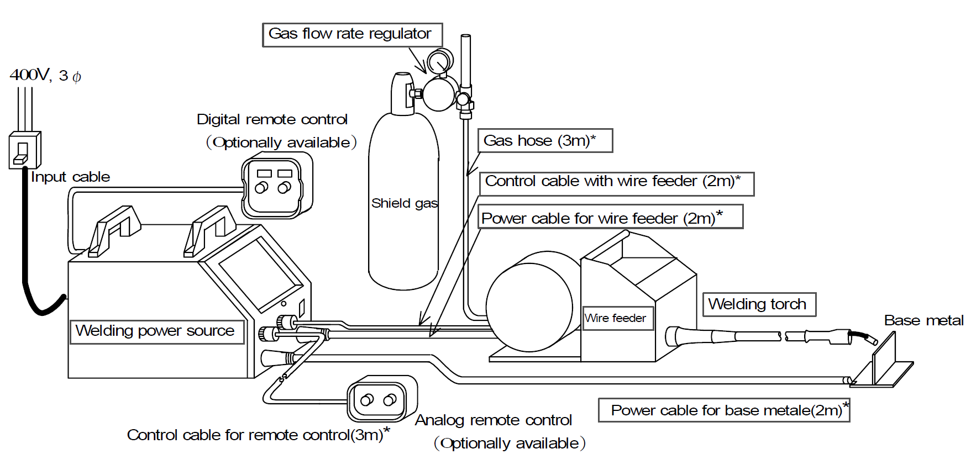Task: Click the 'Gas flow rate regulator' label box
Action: pyautogui.click(x=352, y=34)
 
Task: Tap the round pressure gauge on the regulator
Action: pyautogui.click(x=440, y=60)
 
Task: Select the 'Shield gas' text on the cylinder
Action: pyautogui.click(x=404, y=203)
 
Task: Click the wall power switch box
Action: pyautogui.click(x=25, y=150)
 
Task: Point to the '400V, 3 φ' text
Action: pyautogui.click(x=45, y=75)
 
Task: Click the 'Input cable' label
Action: pyautogui.click(x=70, y=177)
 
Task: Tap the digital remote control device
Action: pyautogui.click(x=276, y=186)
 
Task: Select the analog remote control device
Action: pyautogui.click(x=381, y=399)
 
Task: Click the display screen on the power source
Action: pyautogui.click(x=259, y=273)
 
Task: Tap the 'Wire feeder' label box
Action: pyautogui.click(x=617, y=318)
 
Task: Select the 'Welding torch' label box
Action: pyautogui.click(x=758, y=304)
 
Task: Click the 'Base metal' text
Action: pyautogui.click(x=923, y=320)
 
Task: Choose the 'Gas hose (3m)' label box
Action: pyautogui.click(x=544, y=141)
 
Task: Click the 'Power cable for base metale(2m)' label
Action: pyautogui.click(x=723, y=410)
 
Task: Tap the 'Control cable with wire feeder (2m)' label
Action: pyautogui.click(x=616, y=182)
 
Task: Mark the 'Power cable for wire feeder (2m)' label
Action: pyautogui.click(x=610, y=218)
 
